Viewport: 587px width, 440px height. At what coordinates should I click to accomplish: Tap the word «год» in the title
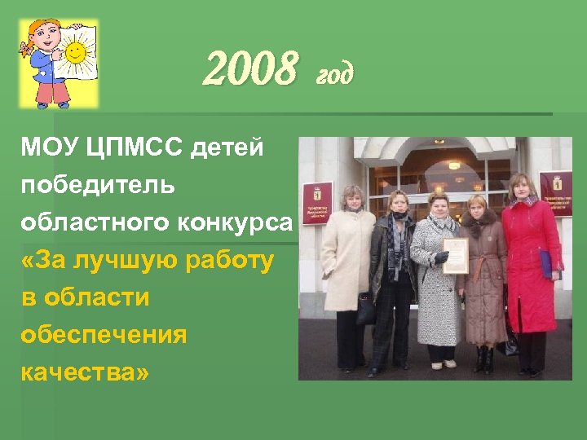[x=334, y=74]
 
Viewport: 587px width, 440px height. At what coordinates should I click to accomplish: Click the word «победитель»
[x=98, y=186]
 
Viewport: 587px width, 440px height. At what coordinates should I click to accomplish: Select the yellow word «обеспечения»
[x=103, y=335]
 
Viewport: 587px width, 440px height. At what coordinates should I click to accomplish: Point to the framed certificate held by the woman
[x=454, y=255]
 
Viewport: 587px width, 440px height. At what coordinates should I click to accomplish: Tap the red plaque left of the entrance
[x=317, y=203]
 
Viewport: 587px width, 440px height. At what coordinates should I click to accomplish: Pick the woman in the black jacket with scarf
[x=395, y=269]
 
